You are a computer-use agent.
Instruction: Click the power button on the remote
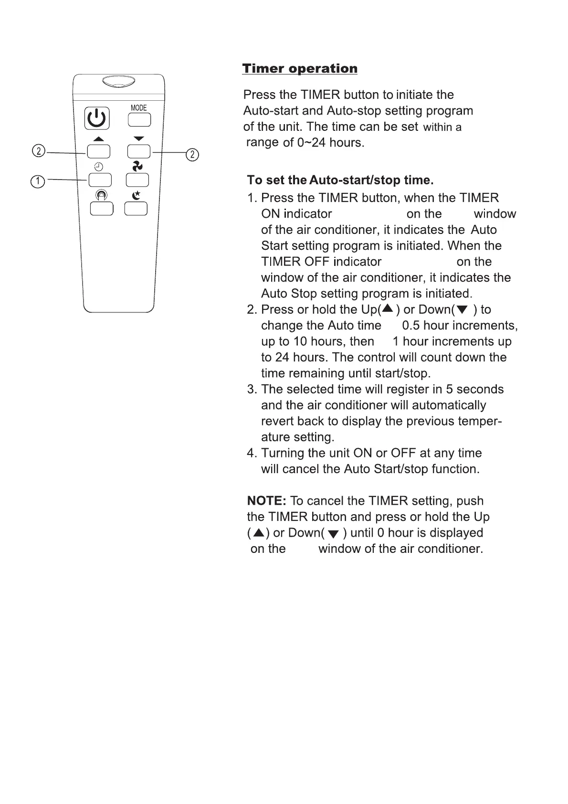[x=97, y=118]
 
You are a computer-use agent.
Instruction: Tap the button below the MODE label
[x=139, y=119]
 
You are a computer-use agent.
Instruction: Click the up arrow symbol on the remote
[x=99, y=139]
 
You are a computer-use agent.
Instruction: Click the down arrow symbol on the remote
[x=139, y=138]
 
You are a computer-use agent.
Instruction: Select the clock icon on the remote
[x=98, y=167]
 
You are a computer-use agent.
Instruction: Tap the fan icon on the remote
[x=137, y=166]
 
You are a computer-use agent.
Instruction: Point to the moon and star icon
[x=137, y=195]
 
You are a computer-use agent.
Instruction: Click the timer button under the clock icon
[x=100, y=180]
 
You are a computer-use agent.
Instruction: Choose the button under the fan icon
[x=137, y=180]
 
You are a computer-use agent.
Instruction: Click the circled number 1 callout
[x=37, y=181]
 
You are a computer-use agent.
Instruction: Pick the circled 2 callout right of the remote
[x=192, y=155]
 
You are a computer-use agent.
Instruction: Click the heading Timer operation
[x=300, y=69]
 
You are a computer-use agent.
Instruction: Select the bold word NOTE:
[x=266, y=501]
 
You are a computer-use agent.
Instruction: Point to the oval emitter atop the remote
[x=118, y=82]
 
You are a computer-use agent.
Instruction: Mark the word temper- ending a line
[x=480, y=421]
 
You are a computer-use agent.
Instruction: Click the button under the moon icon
[x=136, y=209]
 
